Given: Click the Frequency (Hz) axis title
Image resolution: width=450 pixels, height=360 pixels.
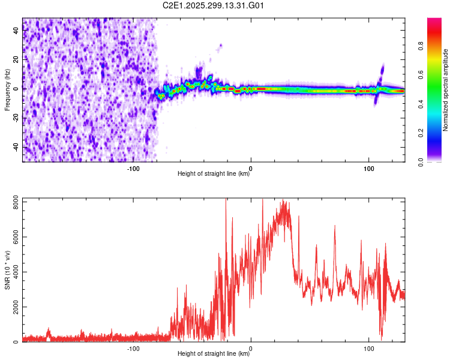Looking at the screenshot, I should click(x=7, y=89).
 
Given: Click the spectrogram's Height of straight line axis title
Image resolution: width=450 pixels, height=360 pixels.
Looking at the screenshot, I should click(x=214, y=174).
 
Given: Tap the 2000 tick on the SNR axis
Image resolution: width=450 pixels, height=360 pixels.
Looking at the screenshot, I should click(x=13, y=307).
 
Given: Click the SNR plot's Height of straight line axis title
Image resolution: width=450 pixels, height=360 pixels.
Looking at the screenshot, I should click(x=214, y=354).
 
